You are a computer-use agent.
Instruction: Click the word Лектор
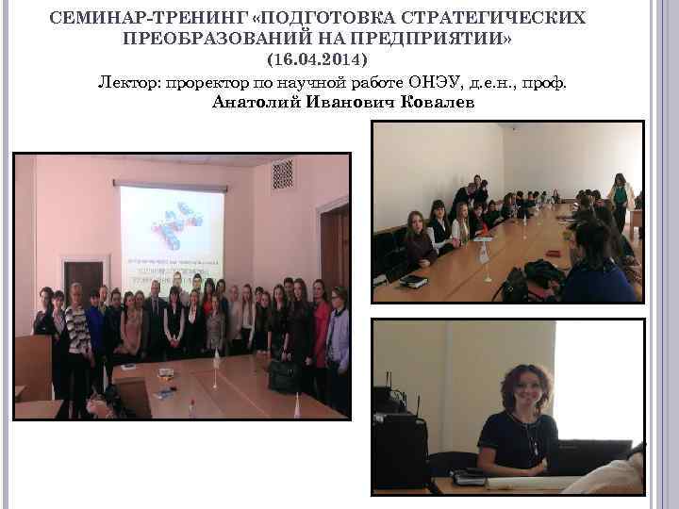(128, 82)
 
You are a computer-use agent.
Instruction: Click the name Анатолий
(256, 102)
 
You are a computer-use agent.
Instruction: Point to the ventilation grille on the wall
(282, 174)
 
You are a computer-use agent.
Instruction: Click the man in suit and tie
(154, 320)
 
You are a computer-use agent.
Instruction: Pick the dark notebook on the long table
(413, 280)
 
